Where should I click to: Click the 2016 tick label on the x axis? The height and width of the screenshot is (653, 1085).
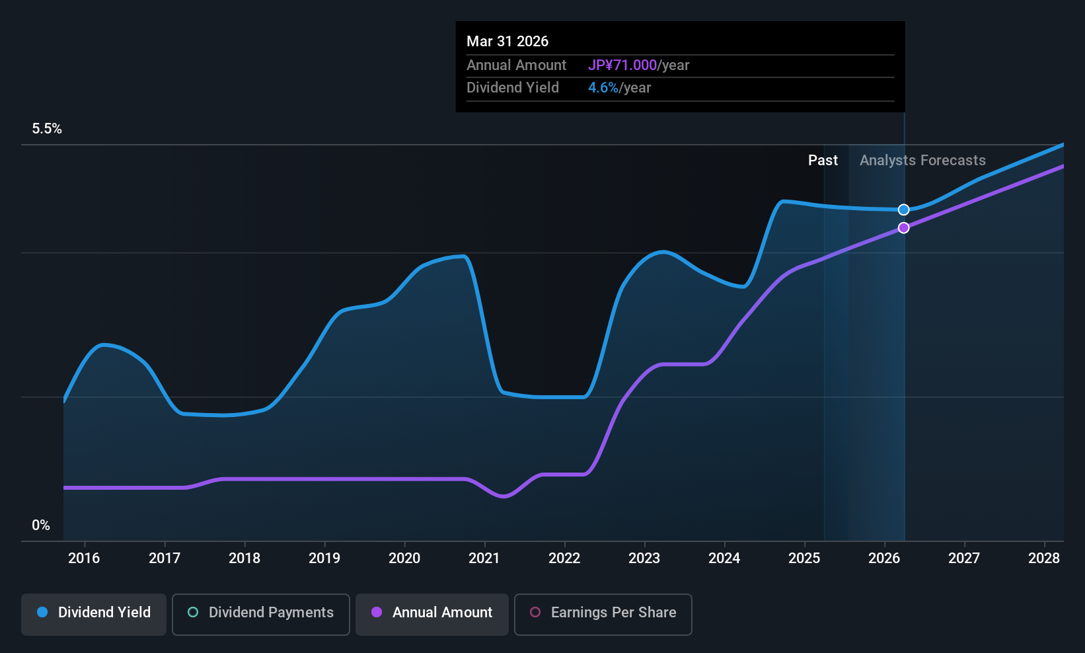pyautogui.click(x=84, y=558)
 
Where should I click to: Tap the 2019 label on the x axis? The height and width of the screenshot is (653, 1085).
pyautogui.click(x=324, y=558)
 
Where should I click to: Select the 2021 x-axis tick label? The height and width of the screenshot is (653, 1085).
pyautogui.click(x=484, y=558)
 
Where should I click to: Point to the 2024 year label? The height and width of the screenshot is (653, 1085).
pyautogui.click(x=724, y=558)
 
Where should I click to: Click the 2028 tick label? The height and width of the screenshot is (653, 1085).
pyautogui.click(x=1044, y=558)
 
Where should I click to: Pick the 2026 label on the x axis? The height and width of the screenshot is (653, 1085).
pyautogui.click(x=884, y=558)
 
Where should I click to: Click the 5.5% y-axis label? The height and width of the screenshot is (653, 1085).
pyautogui.click(x=47, y=129)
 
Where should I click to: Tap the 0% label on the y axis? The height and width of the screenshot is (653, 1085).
pyautogui.click(x=41, y=525)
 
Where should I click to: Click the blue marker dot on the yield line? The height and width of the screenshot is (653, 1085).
pyautogui.click(x=904, y=210)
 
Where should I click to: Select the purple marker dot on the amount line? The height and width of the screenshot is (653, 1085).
pyautogui.click(x=904, y=228)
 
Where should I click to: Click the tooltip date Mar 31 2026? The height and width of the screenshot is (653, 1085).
pyautogui.click(x=507, y=41)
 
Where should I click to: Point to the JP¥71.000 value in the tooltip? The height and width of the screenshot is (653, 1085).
pyautogui.click(x=622, y=65)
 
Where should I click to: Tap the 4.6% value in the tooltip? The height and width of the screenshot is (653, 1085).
pyautogui.click(x=603, y=88)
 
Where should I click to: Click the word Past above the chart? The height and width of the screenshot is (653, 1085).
pyautogui.click(x=823, y=161)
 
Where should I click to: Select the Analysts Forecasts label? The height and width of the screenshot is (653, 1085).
pyautogui.click(x=922, y=161)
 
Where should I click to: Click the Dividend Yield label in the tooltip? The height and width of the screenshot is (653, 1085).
pyautogui.click(x=513, y=88)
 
